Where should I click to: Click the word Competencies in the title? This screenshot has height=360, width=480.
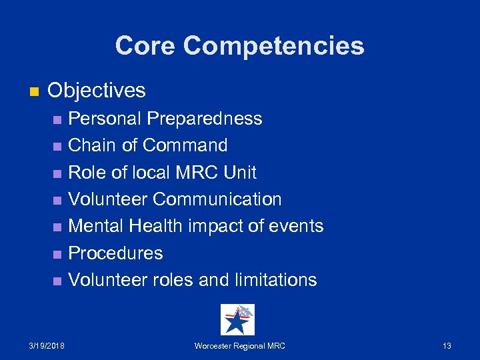click(x=274, y=46)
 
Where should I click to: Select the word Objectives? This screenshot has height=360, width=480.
click(x=97, y=90)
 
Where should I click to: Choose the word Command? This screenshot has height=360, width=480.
click(x=185, y=145)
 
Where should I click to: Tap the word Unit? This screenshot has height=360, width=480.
click(x=240, y=173)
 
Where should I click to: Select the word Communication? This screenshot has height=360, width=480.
click(x=217, y=199)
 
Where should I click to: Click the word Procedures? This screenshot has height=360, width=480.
click(x=116, y=253)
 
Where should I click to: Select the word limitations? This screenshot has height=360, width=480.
click(x=275, y=280)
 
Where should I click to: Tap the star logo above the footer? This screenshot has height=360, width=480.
click(x=237, y=319)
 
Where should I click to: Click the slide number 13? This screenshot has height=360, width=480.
click(x=447, y=345)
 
